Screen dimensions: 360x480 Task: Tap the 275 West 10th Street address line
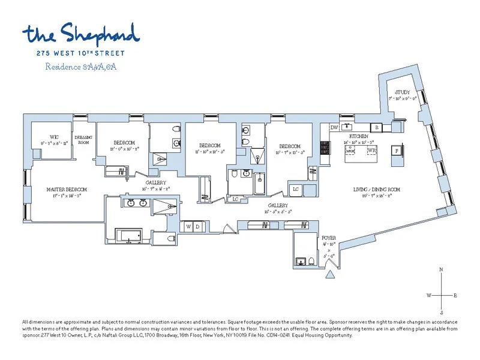coord(81,52)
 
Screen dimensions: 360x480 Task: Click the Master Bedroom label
coord(67,189)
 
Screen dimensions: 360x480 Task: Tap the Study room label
coord(402,92)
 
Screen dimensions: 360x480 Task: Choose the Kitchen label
coord(358,137)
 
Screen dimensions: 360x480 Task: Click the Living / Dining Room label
coord(376,190)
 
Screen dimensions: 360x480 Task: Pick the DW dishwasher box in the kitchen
coord(335,127)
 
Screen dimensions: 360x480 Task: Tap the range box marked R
coord(377,127)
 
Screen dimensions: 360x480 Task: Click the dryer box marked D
coord(197,226)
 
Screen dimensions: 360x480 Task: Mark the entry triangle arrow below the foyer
coord(329,274)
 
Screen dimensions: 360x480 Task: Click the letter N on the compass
coord(442,271)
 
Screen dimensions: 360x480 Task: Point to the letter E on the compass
coord(455,295)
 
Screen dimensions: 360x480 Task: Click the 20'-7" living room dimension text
coord(376,196)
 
